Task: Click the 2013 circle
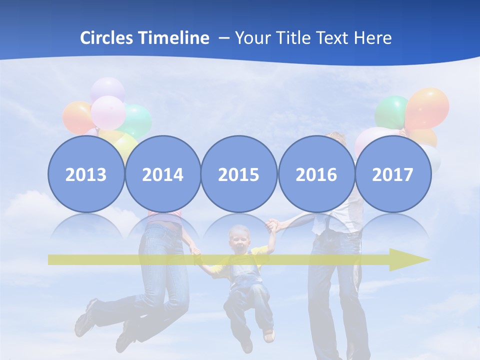tap(86, 174)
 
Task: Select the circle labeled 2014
tap(162, 174)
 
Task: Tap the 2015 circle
tap(239, 174)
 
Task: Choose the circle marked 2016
tap(316, 174)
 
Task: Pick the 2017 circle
tap(393, 174)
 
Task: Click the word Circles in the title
tap(107, 38)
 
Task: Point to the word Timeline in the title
tap(174, 38)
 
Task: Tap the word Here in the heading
tap(373, 38)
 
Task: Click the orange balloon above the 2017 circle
tap(427, 107)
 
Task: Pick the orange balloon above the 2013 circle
tap(76, 117)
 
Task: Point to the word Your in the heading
tap(252, 38)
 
